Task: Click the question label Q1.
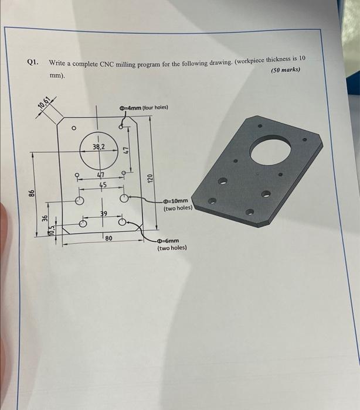coord(32,61)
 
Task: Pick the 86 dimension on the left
coord(33,193)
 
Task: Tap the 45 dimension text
coord(103,184)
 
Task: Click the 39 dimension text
coord(103,215)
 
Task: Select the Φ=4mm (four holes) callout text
coord(143,107)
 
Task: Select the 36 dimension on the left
coord(45,218)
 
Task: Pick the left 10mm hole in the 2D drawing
coord(80,200)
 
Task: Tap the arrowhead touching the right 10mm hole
coord(130,199)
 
